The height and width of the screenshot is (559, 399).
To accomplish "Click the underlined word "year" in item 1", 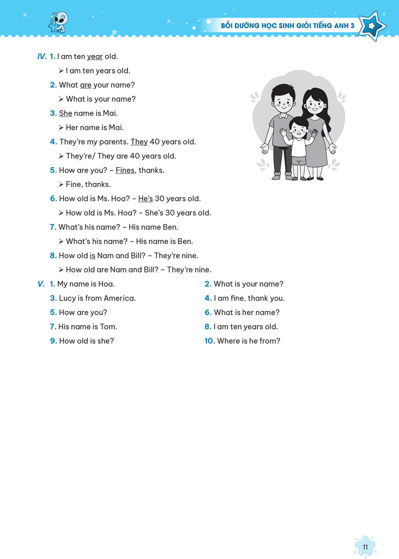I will (x=95, y=57).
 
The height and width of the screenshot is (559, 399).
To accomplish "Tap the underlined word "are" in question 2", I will (x=86, y=85).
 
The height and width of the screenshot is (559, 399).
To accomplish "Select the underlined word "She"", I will (x=66, y=113).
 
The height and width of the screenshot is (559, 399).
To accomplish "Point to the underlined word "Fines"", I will (x=125, y=170).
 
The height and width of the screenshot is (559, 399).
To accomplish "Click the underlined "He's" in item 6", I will (x=146, y=199).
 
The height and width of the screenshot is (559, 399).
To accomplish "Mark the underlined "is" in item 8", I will (x=92, y=256).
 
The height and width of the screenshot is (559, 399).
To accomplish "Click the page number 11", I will (x=365, y=547).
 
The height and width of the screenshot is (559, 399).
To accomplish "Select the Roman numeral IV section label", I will (x=42, y=57).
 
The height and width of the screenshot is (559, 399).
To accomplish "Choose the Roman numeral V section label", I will (x=41, y=284).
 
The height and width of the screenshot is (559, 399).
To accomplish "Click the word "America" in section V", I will (x=120, y=298).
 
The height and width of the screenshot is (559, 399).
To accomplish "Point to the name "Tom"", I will (x=108, y=327).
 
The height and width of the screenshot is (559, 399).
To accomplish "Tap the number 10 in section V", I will (x=210, y=341).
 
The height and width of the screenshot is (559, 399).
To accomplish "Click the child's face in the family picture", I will (x=299, y=128).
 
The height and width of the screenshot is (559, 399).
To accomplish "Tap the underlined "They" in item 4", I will (x=139, y=142).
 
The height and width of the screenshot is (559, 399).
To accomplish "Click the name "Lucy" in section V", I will (x=67, y=298).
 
